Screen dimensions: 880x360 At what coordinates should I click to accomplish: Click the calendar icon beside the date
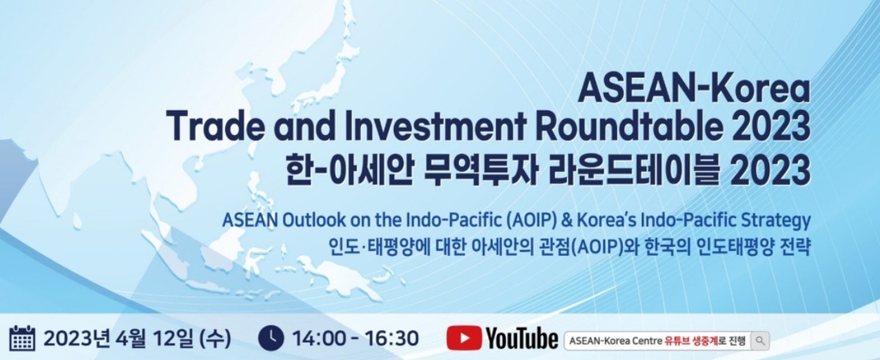[22, 339]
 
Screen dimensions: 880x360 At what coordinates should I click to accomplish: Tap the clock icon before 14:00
[271, 339]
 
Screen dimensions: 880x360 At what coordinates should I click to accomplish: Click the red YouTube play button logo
[463, 339]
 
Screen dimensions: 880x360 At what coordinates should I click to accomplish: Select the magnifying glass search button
[760, 340]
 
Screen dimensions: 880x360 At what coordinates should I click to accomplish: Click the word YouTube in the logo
[522, 339]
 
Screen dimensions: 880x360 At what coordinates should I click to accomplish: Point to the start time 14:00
[318, 339]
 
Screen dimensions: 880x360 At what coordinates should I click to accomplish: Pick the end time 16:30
[391, 339]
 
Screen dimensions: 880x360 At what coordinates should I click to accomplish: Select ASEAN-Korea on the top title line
[694, 89]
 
